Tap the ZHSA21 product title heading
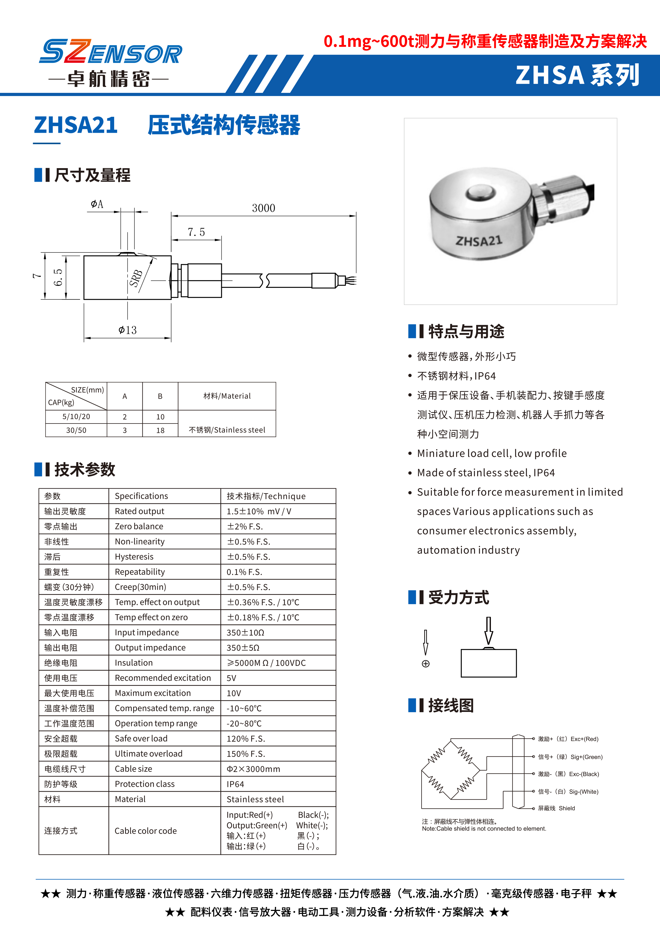[x=76, y=125]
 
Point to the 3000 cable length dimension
[x=263, y=208]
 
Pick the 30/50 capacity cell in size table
[x=76, y=430]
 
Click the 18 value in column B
[x=160, y=430]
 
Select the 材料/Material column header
[x=227, y=396]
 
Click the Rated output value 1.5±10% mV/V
[x=259, y=511]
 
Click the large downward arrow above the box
[x=489, y=630]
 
